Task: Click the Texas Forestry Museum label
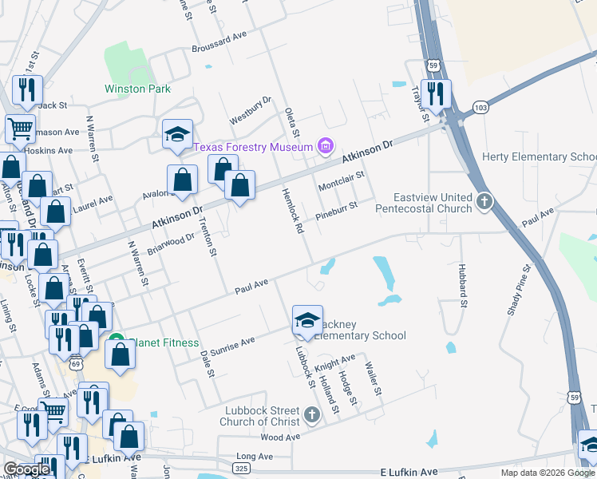pos(252,147)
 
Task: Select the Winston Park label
pos(137,89)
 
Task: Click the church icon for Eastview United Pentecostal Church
pos(484,203)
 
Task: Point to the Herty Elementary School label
pos(540,156)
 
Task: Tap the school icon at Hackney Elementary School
pos(307,321)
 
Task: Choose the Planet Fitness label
pos(165,342)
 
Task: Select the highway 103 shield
pos(480,106)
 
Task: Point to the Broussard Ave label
pos(219,39)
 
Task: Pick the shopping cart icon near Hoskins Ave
pos(20,128)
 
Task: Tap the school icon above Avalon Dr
pos(176,135)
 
